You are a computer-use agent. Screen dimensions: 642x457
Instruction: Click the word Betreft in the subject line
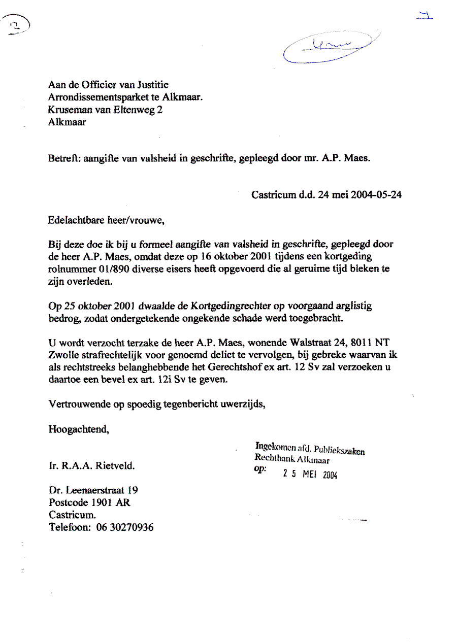[x=61, y=158]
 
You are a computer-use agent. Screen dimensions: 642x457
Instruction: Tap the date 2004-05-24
[x=376, y=194]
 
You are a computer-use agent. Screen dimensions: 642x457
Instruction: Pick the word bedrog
[x=63, y=319]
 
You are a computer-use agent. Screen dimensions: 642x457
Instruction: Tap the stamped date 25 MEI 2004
[x=310, y=474]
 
